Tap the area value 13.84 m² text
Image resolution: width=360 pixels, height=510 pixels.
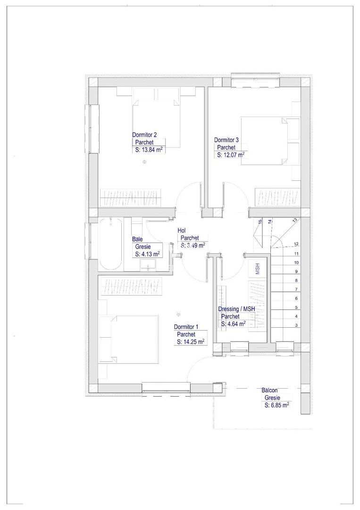click(x=149, y=150)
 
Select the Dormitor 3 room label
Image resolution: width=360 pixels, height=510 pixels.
click(x=226, y=140)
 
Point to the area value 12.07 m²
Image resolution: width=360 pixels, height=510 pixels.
click(x=231, y=154)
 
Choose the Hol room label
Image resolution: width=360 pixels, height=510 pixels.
click(x=181, y=230)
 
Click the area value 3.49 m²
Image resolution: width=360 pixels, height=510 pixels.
click(x=193, y=246)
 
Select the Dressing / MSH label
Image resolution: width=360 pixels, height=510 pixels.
click(x=236, y=309)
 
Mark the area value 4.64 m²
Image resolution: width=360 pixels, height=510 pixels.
click(x=233, y=324)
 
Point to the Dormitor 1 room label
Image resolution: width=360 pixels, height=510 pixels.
click(x=186, y=327)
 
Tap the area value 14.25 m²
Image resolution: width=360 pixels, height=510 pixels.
click(x=191, y=341)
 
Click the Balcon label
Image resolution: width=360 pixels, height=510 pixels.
click(x=269, y=391)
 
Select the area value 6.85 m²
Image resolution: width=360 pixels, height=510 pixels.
click(x=277, y=405)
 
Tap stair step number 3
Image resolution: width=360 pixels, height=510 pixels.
click(x=296, y=325)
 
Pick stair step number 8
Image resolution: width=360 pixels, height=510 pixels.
click(x=296, y=280)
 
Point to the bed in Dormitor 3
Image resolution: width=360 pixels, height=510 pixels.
click(x=267, y=141)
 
